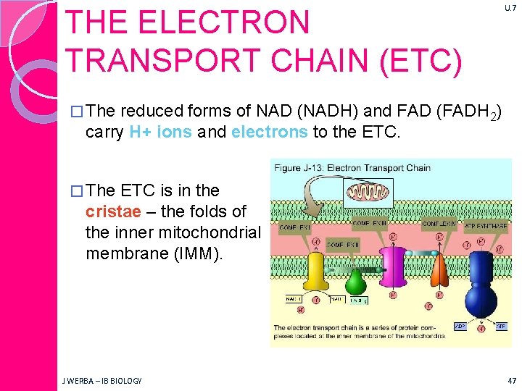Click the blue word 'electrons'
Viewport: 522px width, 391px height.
269,131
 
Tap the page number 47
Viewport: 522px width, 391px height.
512,380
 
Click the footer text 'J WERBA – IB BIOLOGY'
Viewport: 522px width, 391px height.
101,380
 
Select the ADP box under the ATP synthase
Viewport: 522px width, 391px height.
460,326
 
